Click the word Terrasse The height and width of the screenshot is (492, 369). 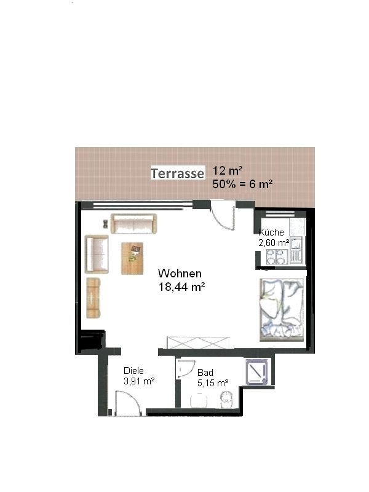coord(177,173)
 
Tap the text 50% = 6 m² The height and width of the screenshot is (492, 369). coord(242,184)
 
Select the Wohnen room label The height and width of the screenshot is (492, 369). coord(180,273)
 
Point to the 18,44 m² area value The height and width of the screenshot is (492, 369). coord(181,287)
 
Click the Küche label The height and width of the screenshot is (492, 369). coord(271,232)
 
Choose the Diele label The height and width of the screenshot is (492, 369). coord(133,371)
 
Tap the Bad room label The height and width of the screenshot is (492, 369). coord(205,373)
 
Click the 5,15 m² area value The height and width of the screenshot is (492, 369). coord(213,383)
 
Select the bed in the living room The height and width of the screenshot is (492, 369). coord(282,310)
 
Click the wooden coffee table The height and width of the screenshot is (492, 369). coord(132,258)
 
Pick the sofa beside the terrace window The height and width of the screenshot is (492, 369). coord(134,223)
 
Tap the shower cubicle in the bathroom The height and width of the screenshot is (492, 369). coord(257,372)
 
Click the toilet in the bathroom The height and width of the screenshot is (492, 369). coord(226,400)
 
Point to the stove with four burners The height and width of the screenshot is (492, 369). coord(276,256)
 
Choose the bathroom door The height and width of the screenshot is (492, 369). coord(186,368)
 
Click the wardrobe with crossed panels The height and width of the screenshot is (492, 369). coord(197,343)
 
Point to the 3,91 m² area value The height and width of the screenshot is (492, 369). coord(139,381)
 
